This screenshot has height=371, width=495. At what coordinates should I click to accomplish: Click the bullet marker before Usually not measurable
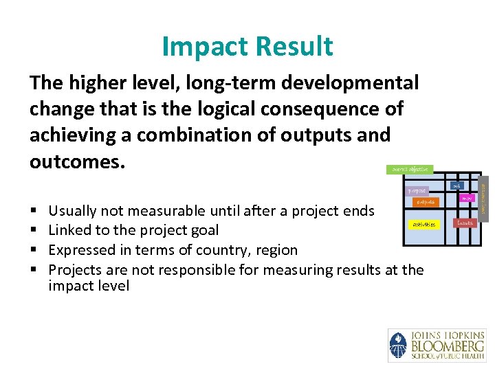34,211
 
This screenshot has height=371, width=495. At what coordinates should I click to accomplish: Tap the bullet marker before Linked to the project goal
34,230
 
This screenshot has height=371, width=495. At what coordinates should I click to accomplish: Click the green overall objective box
410,169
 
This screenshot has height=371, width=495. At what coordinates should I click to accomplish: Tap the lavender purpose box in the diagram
418,190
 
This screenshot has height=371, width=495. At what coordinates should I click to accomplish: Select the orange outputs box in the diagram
424,202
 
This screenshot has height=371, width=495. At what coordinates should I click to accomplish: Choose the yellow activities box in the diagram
423,224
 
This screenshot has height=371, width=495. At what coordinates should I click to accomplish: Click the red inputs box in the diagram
465,223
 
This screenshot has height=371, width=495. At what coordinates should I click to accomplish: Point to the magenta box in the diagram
466,198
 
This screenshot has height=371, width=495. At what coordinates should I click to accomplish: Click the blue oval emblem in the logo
398,345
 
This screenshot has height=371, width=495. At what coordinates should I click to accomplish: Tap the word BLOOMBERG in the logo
448,346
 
